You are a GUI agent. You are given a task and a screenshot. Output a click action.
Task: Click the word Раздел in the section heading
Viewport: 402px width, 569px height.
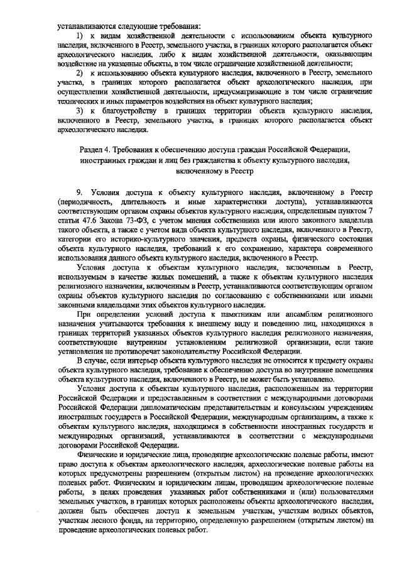[94, 150]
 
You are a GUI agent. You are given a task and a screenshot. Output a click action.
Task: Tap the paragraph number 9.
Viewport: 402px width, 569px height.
[79, 190]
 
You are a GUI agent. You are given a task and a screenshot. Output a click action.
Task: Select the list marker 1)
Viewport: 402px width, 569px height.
[80, 38]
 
